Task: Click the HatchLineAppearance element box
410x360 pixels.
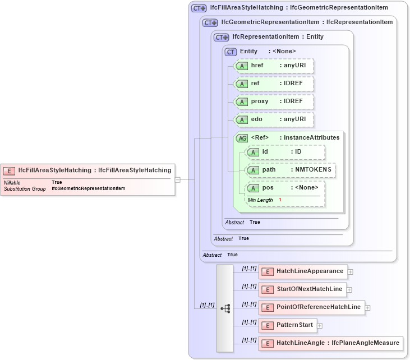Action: [x=303, y=271]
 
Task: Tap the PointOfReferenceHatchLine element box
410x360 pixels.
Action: [x=311, y=307]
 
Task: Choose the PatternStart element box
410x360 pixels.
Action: [x=287, y=325]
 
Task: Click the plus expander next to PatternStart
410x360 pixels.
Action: [x=320, y=325]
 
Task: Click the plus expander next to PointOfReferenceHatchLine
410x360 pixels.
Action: [x=368, y=307]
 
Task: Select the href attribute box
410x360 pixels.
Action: [x=273, y=66]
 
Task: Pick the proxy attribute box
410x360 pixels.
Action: [x=273, y=101]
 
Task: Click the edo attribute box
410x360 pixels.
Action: [x=273, y=119]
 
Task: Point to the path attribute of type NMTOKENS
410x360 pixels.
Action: [x=291, y=169]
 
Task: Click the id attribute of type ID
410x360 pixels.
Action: [x=285, y=152]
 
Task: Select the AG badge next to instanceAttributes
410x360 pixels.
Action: [x=242, y=138]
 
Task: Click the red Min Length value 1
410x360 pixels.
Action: [x=280, y=200]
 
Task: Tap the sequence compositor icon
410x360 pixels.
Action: [x=225, y=308]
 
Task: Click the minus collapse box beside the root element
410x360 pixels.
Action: [x=177, y=180]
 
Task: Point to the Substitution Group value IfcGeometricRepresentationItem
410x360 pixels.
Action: [x=88, y=189]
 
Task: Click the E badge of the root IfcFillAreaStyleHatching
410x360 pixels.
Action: [x=10, y=170]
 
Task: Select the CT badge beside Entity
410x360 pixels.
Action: [x=231, y=52]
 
